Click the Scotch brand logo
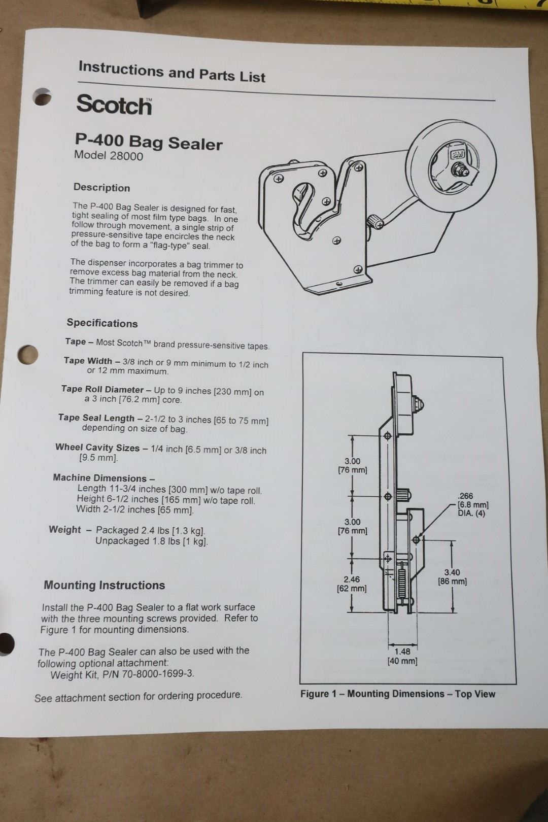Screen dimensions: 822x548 click(114, 105)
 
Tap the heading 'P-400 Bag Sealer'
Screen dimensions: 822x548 click(149, 142)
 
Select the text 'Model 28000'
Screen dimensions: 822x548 click(109, 156)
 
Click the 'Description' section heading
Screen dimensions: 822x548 click(101, 187)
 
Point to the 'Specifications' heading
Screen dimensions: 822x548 click(102, 323)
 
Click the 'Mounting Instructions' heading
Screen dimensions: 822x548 click(104, 585)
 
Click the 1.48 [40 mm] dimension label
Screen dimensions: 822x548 click(402, 656)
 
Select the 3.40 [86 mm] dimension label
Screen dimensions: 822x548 click(452, 577)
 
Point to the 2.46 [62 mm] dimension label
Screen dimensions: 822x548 click(352, 584)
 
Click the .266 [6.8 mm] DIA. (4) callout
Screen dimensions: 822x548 click(472, 504)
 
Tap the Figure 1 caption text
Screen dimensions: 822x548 click(397, 694)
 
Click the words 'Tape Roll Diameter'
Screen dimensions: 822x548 click(102, 389)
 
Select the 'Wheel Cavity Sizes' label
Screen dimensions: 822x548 click(97, 448)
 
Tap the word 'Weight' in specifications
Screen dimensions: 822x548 click(65, 529)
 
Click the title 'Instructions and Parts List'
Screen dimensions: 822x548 click(172, 72)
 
